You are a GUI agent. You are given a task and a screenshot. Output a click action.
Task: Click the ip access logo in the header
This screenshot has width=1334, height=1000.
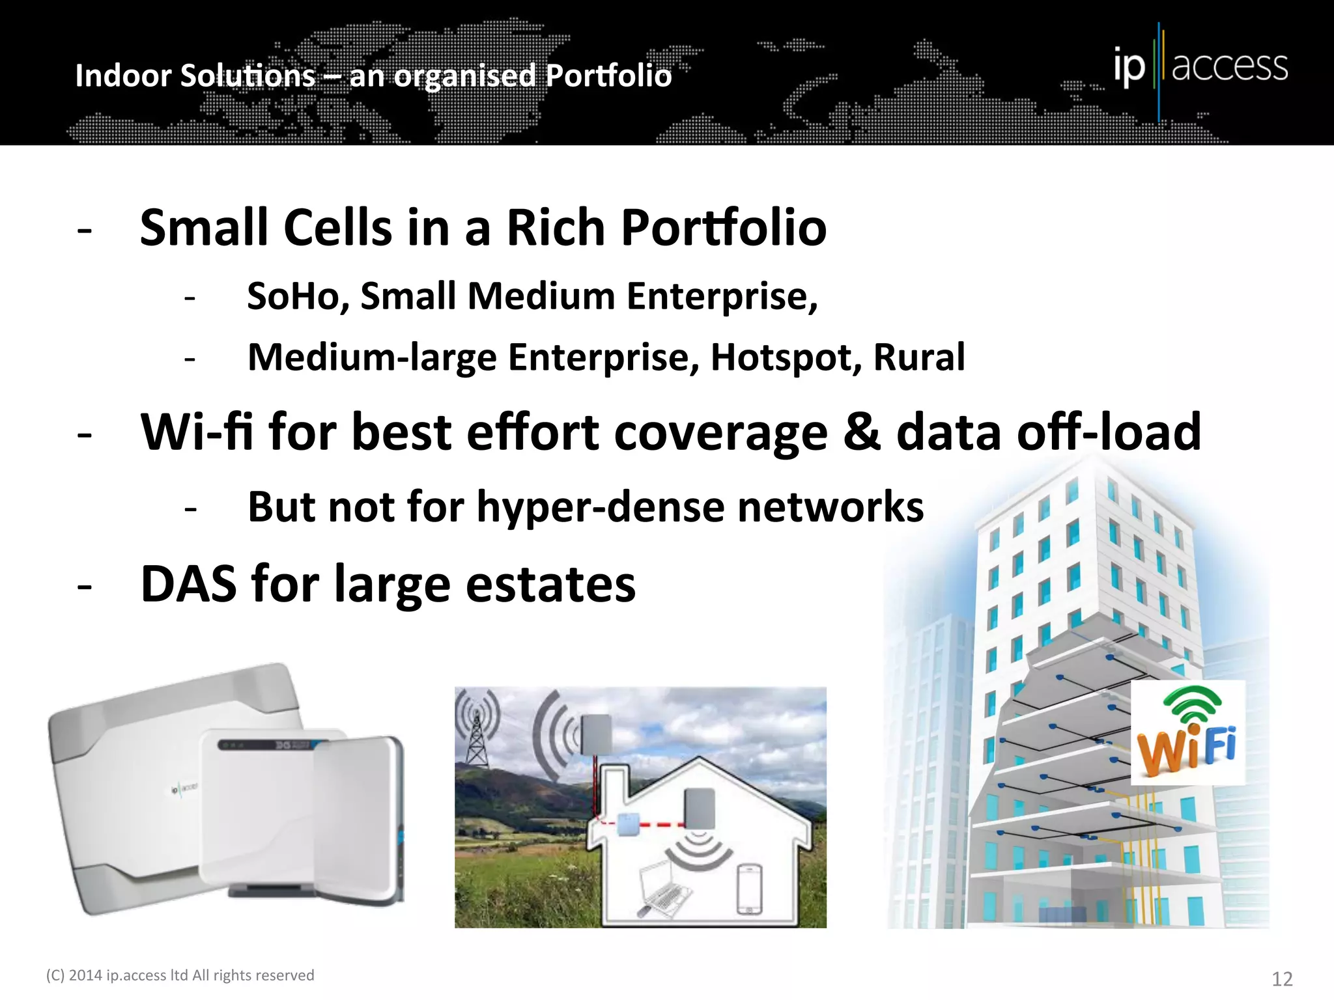(x=1200, y=67)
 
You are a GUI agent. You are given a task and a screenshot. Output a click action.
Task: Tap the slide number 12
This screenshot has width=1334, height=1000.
(x=1282, y=979)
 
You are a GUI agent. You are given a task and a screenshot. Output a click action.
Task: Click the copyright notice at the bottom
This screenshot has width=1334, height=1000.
(x=180, y=975)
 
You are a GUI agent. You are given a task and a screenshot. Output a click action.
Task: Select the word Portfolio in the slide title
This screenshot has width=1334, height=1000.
(x=608, y=76)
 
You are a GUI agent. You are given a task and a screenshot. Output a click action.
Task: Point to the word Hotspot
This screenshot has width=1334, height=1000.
(x=786, y=357)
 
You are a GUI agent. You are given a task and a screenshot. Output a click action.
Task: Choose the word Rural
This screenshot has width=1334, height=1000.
(x=919, y=357)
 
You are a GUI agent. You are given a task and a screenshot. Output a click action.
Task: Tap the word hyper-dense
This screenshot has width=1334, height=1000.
(x=601, y=507)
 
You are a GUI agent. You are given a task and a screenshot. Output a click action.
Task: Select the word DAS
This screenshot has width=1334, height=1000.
(x=189, y=584)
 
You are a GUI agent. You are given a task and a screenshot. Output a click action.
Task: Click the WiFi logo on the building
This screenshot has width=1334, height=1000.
(x=1187, y=732)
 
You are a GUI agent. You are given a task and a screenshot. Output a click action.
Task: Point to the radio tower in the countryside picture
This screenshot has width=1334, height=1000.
(x=477, y=731)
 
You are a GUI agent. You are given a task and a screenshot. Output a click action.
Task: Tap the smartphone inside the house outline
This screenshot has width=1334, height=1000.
(x=749, y=888)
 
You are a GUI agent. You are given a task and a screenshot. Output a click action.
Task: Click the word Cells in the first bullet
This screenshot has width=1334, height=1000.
(x=337, y=228)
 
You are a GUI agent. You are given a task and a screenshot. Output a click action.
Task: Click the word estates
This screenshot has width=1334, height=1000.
(x=550, y=584)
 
